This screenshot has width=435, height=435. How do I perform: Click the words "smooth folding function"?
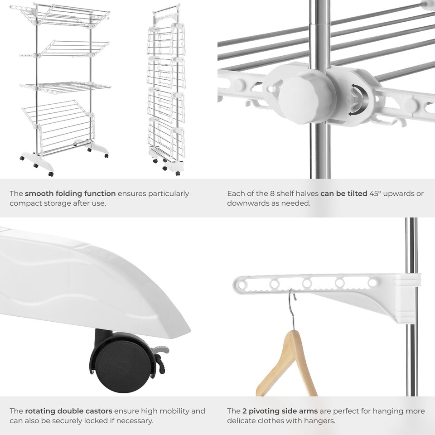click(x=70, y=193)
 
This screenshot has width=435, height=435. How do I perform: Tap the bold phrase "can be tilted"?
click(x=343, y=193)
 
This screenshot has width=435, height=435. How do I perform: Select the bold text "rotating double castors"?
click(x=68, y=411)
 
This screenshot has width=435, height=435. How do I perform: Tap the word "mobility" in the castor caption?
click(x=178, y=411)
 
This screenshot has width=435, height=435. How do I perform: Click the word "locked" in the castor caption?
click(x=89, y=421)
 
